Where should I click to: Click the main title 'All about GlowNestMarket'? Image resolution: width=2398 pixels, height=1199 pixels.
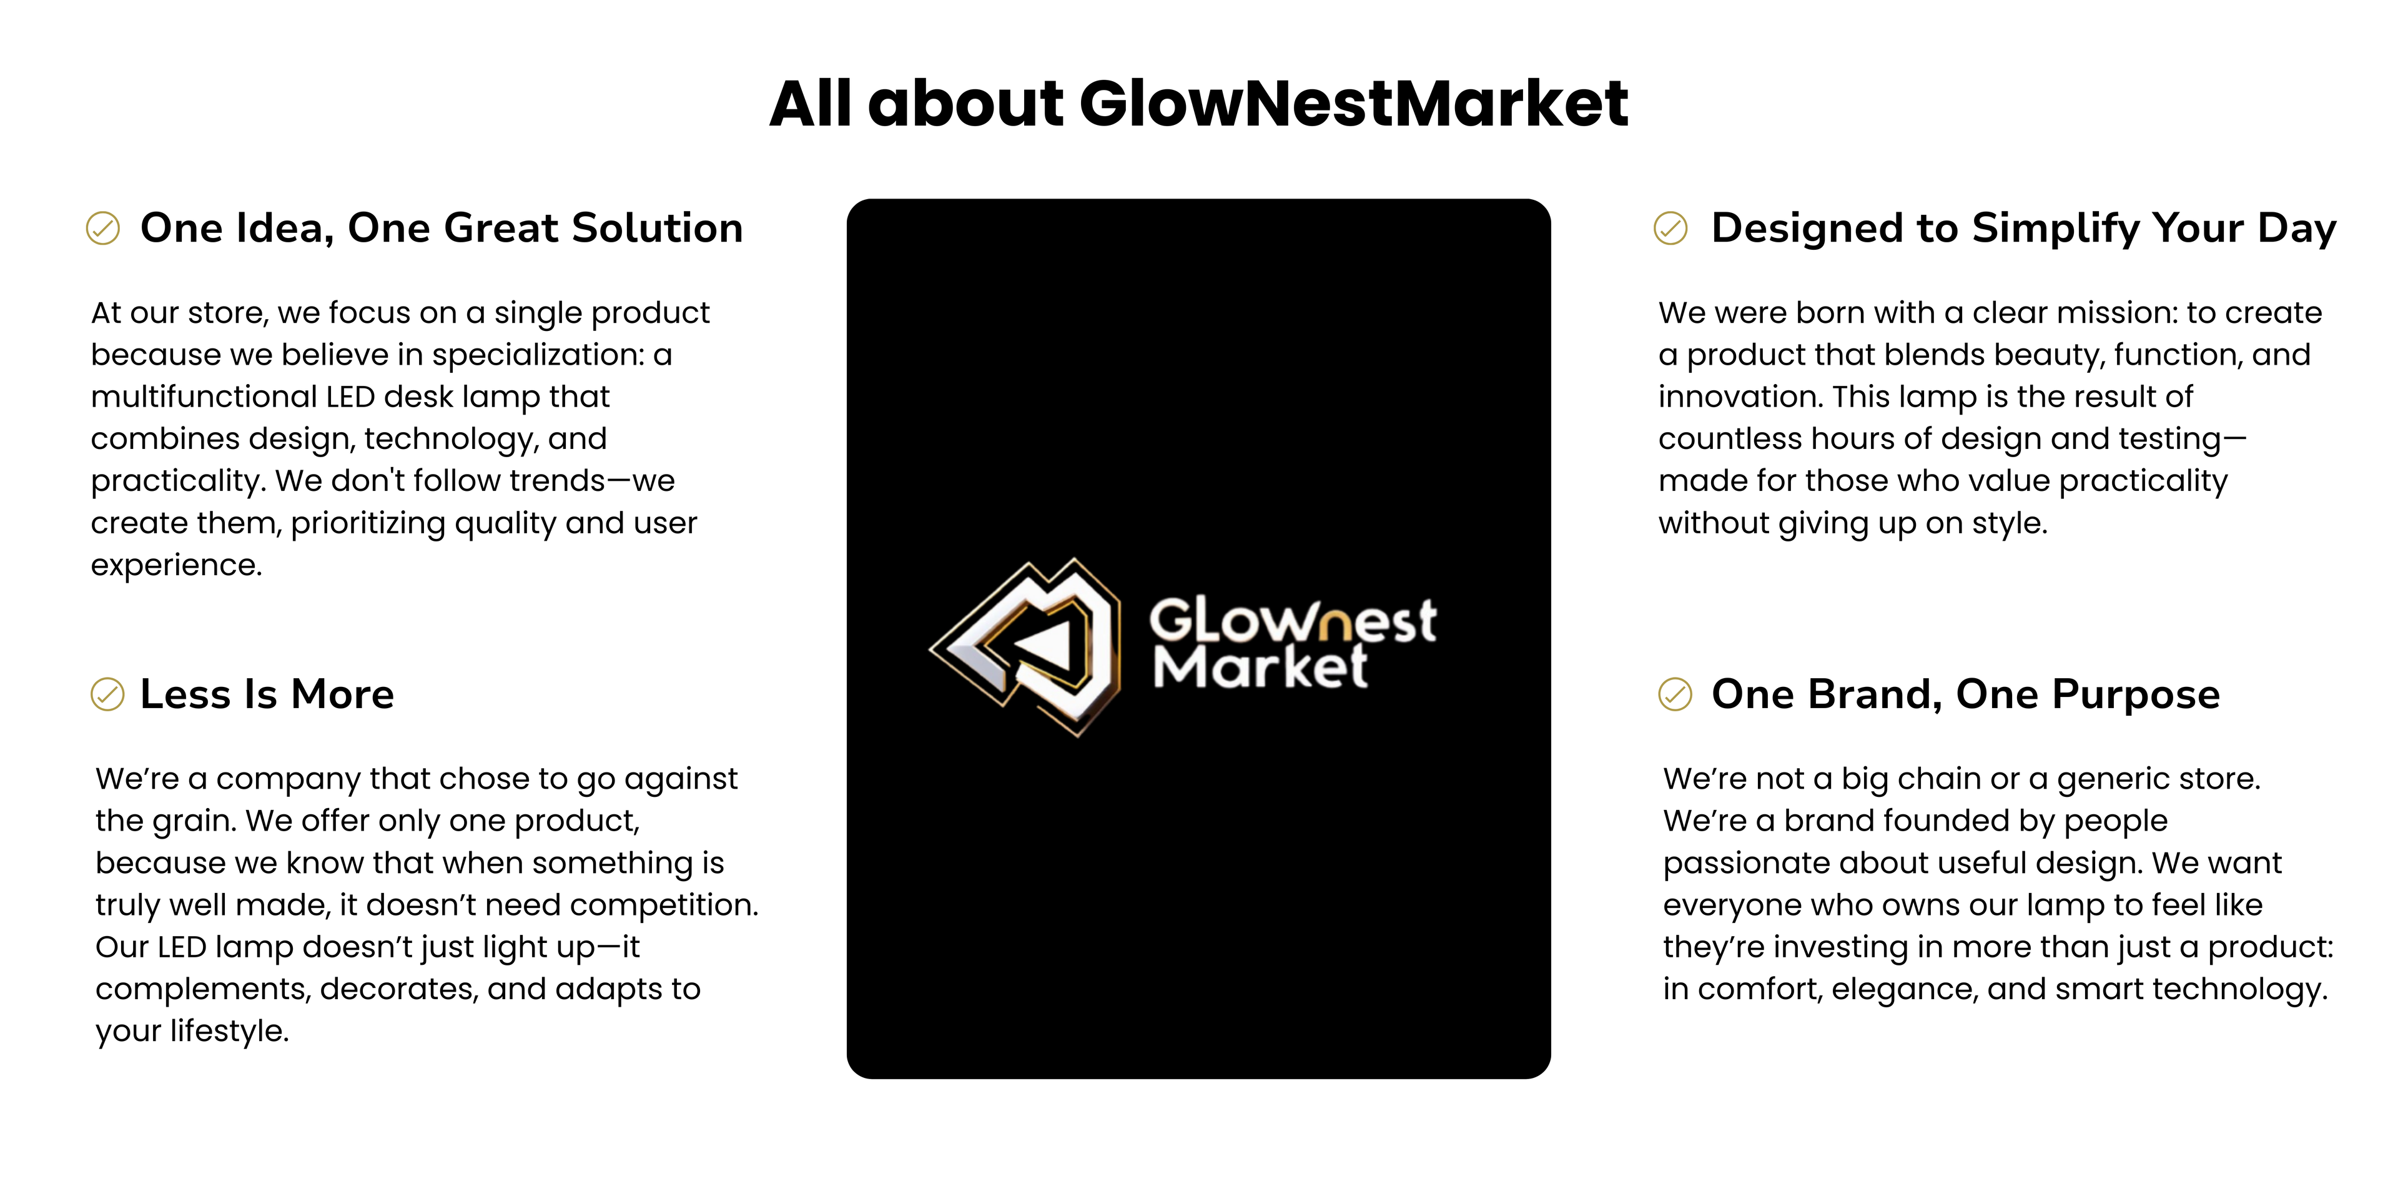(x=1198, y=103)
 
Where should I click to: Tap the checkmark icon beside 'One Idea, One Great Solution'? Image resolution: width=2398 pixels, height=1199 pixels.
(x=102, y=228)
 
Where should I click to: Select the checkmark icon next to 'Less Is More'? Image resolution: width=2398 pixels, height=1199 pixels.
(x=107, y=694)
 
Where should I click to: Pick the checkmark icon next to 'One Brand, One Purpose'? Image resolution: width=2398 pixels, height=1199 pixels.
(x=1675, y=694)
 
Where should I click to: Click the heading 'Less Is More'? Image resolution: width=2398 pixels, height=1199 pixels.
(x=267, y=694)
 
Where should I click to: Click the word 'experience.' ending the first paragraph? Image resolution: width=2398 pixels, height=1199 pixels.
(x=176, y=565)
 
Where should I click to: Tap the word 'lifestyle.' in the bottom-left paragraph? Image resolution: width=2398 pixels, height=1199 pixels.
(x=229, y=1030)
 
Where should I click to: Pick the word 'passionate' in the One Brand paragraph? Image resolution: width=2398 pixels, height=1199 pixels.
(x=1740, y=864)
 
